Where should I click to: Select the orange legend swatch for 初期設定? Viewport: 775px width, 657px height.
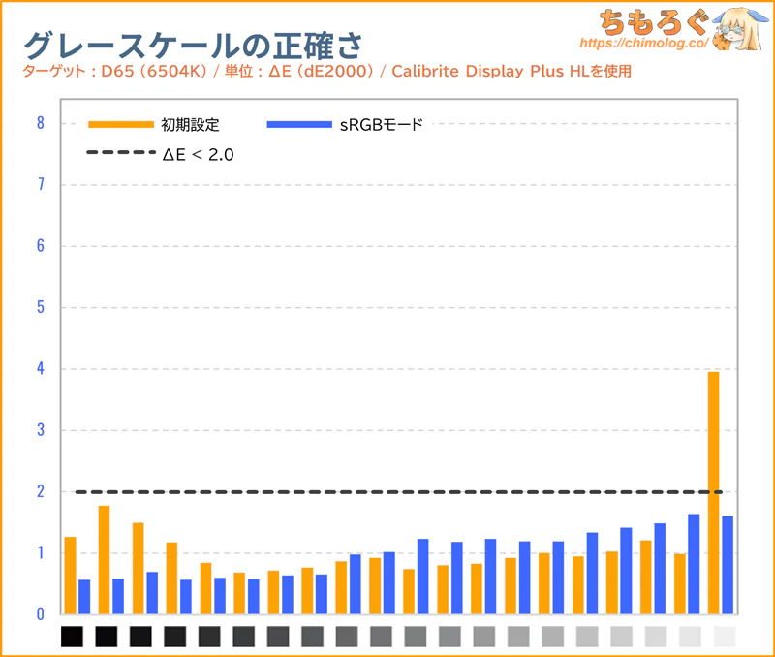tap(120, 124)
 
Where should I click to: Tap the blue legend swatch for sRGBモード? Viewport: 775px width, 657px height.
tap(299, 124)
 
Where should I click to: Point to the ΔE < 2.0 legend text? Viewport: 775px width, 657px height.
tap(198, 153)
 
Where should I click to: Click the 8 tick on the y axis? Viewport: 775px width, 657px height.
tap(40, 123)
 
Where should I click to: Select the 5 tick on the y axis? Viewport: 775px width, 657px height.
tap(40, 308)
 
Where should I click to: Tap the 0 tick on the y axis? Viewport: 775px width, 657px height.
tap(40, 614)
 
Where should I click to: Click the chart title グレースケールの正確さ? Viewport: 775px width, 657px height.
tap(194, 45)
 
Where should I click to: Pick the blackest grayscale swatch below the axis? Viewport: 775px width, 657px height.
tap(74, 637)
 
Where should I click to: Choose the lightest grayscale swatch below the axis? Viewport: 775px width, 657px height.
tap(724, 637)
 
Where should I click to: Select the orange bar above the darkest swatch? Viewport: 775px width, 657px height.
tap(70, 576)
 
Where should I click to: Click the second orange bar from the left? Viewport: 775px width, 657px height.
tap(104, 560)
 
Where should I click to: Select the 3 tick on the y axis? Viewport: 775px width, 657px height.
tap(40, 430)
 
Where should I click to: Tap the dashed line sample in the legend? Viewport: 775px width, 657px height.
tap(120, 153)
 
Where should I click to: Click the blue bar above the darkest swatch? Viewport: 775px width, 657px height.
tap(84, 597)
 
